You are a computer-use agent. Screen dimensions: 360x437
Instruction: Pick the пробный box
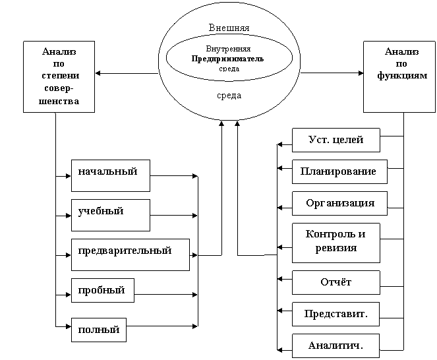pyautogui.click(x=102, y=290)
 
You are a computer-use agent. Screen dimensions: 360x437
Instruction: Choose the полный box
pyautogui.click(x=98, y=330)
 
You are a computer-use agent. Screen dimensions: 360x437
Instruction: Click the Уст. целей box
pyautogui.click(x=335, y=140)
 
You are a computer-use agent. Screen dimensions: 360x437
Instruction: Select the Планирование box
pyautogui.click(x=339, y=171)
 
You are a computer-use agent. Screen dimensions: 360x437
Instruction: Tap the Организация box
pyautogui.click(x=339, y=203)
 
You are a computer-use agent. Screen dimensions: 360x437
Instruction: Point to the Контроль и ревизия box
pyautogui.click(x=335, y=242)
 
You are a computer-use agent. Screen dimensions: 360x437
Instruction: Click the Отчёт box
pyautogui.click(x=335, y=282)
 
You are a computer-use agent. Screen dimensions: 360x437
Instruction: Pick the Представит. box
pyautogui.click(x=335, y=314)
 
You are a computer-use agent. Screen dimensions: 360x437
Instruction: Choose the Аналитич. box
pyautogui.click(x=335, y=345)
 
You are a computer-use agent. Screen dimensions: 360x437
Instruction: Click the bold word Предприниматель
pyautogui.click(x=227, y=58)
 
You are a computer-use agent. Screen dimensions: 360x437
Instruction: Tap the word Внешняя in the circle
pyautogui.click(x=229, y=28)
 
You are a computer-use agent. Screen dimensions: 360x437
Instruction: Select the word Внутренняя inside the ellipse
pyautogui.click(x=228, y=49)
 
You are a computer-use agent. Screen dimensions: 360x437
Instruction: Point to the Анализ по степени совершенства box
pyautogui.click(x=59, y=76)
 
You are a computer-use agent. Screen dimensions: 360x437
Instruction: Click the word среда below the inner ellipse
pyautogui.click(x=229, y=96)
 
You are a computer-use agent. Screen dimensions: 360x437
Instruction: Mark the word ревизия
pyautogui.click(x=335, y=249)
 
